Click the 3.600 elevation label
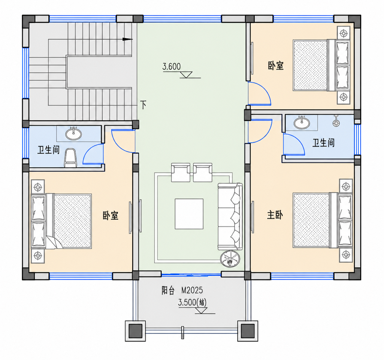(x=171, y=66)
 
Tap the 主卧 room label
(x=275, y=215)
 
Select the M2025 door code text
(x=192, y=290)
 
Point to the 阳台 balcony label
(x=168, y=291)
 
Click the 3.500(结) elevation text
(x=192, y=302)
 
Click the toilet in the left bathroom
(x=71, y=158)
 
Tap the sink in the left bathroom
(x=74, y=133)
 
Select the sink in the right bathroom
(x=302, y=123)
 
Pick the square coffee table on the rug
(x=189, y=214)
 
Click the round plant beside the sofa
(x=230, y=259)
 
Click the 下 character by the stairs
(x=143, y=105)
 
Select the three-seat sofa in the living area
(x=230, y=216)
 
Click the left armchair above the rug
(x=181, y=172)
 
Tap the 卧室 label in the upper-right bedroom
(x=276, y=66)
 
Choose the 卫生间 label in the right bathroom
(x=324, y=143)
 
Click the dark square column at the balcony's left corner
(x=135, y=331)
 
